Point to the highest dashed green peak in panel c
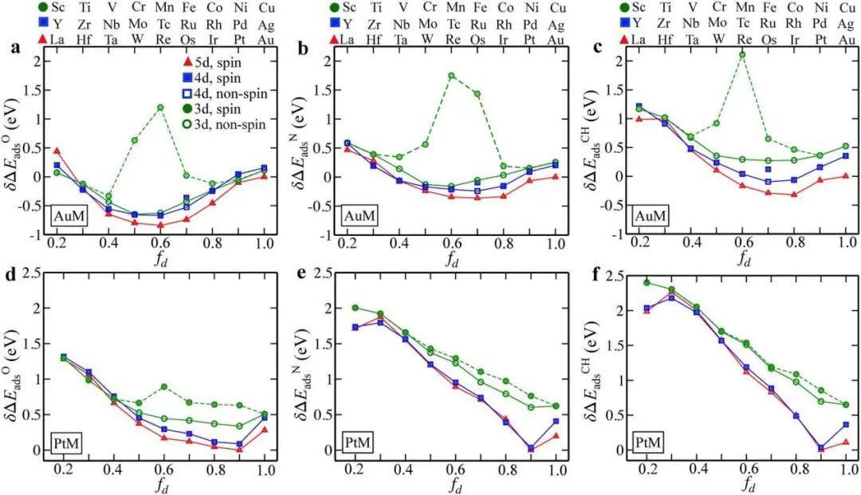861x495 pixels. [742, 55]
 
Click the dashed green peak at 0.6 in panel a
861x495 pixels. [160, 107]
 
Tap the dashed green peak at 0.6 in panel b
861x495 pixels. [451, 76]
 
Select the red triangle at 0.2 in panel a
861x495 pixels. [57, 150]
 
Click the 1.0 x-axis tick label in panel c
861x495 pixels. [844, 244]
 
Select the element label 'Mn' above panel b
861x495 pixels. [451, 8]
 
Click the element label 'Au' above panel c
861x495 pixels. [845, 38]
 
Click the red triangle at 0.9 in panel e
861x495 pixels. [530, 449]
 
